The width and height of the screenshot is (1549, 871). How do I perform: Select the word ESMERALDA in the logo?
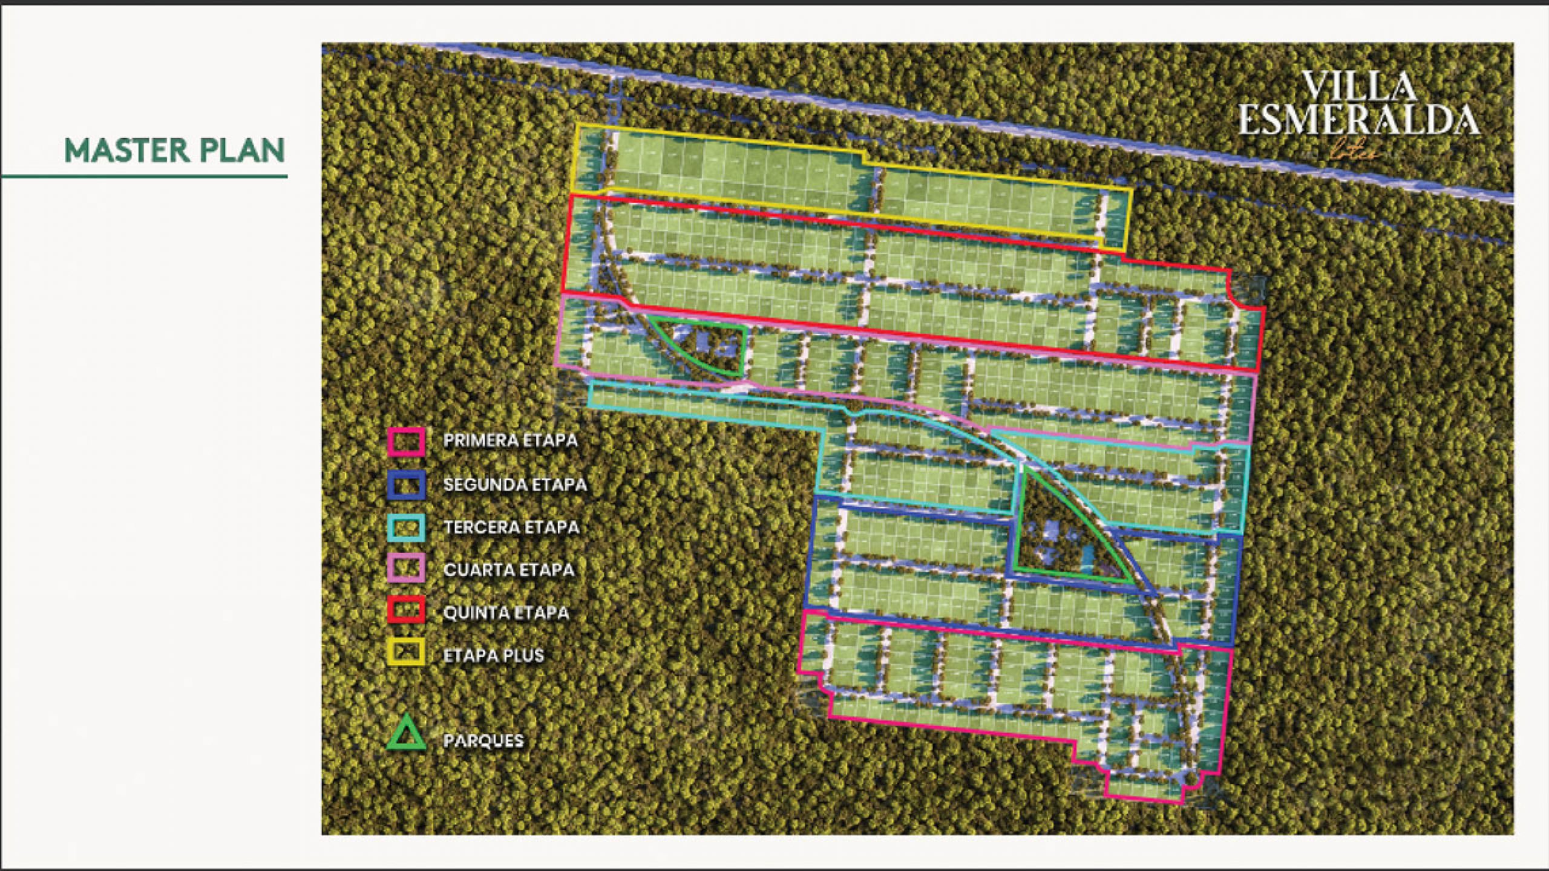click(x=1359, y=120)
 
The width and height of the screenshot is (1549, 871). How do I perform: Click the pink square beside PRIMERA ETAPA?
click(x=406, y=441)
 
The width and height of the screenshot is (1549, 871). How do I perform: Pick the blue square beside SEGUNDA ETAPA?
click(x=406, y=484)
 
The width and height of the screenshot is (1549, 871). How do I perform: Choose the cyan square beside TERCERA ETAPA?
click(x=406, y=527)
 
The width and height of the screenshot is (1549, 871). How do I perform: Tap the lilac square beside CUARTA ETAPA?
click(x=406, y=569)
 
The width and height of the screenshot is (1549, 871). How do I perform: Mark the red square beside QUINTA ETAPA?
click(x=406, y=612)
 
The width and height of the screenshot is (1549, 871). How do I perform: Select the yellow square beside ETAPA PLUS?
click(x=406, y=654)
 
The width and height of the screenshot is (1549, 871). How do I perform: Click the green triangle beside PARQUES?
click(x=406, y=734)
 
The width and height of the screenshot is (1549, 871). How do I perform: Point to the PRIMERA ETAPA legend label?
click(x=510, y=440)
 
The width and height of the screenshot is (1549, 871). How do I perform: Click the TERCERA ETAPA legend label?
click(x=511, y=527)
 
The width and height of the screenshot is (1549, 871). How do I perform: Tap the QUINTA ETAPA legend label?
click(x=506, y=613)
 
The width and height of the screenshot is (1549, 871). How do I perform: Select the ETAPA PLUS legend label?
click(x=493, y=655)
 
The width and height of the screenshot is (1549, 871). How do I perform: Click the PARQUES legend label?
click(x=483, y=740)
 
